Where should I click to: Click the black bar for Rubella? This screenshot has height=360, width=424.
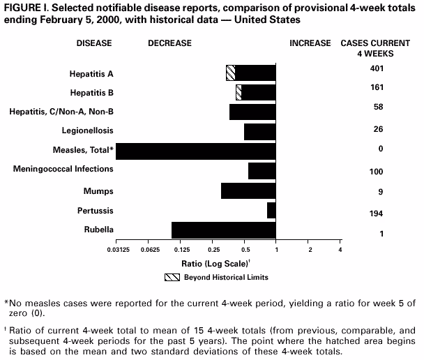coord(223,230)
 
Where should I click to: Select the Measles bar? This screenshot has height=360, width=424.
coord(195,151)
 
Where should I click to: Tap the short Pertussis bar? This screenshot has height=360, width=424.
coord(271,210)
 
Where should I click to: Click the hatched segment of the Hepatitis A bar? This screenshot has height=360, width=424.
coord(230,73)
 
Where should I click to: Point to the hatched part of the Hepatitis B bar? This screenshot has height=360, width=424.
coord(238,92)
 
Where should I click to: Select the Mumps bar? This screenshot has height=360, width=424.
coord(248,190)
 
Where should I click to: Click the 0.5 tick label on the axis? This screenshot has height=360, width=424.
coord(245,249)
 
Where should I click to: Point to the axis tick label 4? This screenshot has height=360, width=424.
coord(340,249)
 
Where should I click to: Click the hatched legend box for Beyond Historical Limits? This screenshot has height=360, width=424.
coord(171,277)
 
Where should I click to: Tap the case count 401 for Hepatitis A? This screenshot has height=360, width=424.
coord(377,68)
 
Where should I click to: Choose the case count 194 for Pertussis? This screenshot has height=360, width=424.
coord(377,213)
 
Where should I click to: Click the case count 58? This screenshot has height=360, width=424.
coord(377,107)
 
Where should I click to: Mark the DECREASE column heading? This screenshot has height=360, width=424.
coord(169,43)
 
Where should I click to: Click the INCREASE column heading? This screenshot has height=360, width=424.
coord(310,43)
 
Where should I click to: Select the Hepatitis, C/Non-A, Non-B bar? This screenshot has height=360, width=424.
coord(252,112)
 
